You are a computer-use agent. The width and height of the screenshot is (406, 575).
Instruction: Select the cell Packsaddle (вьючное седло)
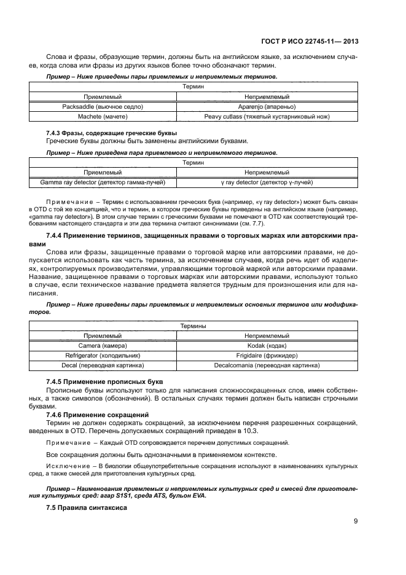103,106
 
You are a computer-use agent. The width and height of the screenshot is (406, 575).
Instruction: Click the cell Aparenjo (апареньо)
267,106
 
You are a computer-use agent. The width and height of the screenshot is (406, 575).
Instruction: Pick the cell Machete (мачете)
103,115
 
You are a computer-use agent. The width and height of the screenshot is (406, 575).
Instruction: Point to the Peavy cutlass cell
267,115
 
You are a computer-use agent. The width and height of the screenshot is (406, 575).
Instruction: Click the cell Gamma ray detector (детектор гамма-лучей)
103,182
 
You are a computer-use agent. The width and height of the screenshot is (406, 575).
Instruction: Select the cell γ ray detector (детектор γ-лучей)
267,182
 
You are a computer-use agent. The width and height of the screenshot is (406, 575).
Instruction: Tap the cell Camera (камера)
103,346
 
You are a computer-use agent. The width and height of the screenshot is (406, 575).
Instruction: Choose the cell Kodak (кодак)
267,346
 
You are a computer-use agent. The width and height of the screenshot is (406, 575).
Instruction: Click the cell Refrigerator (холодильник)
103,355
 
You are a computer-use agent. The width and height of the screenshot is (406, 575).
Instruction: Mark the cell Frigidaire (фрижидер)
267,355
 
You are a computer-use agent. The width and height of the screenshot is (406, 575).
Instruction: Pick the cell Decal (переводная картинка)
103,365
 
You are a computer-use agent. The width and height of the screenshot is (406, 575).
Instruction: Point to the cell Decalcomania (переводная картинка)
267,365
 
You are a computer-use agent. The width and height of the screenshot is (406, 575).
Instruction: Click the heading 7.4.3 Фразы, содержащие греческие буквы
111,133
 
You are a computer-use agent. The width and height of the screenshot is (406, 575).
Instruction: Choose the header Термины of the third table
193,326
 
